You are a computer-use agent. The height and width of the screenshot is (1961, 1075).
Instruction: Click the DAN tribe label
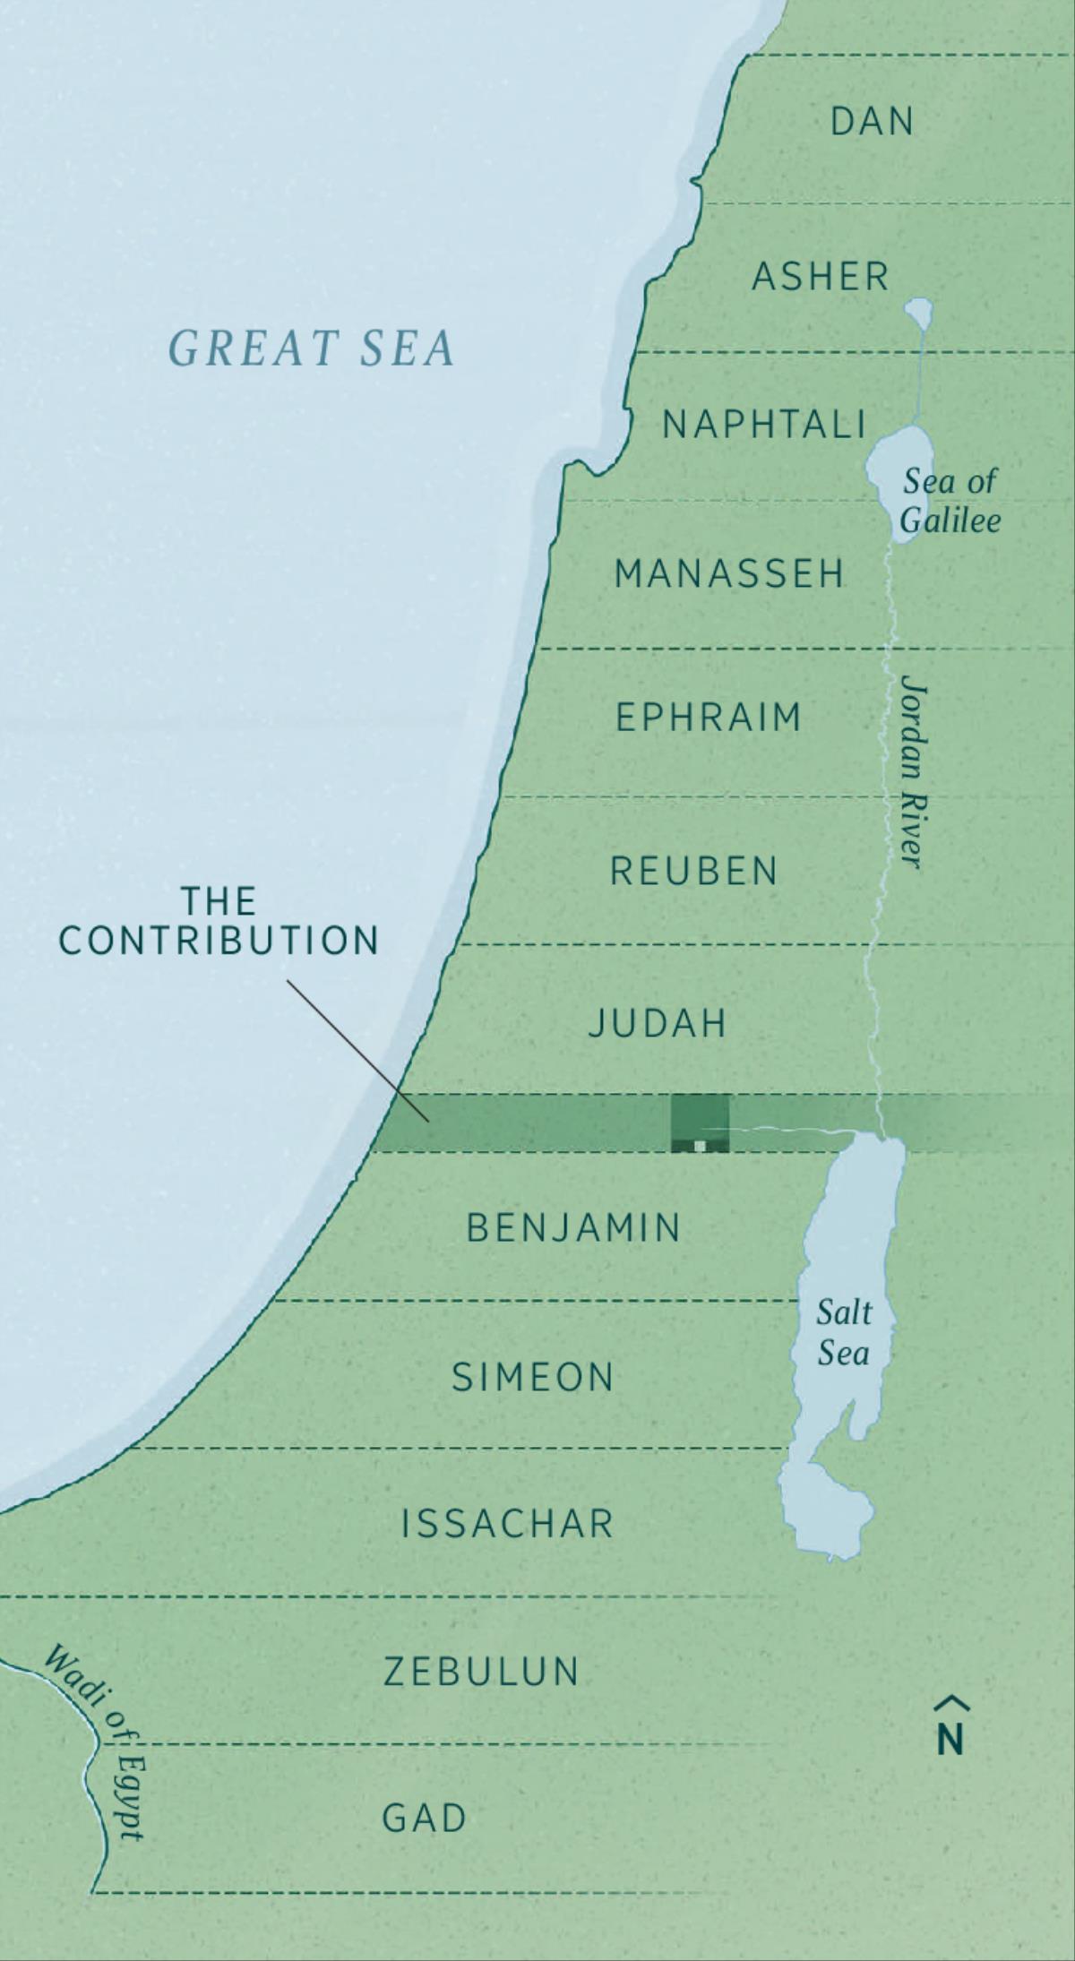(x=872, y=122)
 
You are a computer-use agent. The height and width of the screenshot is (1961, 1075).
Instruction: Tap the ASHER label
(x=821, y=277)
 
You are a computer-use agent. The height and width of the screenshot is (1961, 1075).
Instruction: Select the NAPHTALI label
(x=764, y=425)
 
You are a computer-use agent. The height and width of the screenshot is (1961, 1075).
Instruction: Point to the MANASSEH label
(x=729, y=573)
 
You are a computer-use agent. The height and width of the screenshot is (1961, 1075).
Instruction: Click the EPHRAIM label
(x=708, y=718)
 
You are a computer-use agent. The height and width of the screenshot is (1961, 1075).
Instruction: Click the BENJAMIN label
(x=574, y=1227)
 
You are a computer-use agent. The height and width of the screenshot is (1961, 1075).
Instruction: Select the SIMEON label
(x=533, y=1377)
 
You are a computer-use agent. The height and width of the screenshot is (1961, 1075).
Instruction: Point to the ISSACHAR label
(x=508, y=1524)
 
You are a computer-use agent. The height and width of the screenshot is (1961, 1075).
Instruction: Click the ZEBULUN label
(x=482, y=1672)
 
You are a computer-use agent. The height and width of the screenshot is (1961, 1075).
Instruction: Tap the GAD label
(x=425, y=1819)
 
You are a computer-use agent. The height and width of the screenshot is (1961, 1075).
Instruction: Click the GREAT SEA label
(x=312, y=348)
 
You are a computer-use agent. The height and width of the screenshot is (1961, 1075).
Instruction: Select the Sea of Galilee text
(x=950, y=501)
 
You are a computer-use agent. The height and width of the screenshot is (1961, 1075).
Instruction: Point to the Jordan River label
(x=912, y=770)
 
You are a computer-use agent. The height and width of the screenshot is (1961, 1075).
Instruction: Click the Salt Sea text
(x=843, y=1332)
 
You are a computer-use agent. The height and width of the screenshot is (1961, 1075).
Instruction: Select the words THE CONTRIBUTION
(x=219, y=921)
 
